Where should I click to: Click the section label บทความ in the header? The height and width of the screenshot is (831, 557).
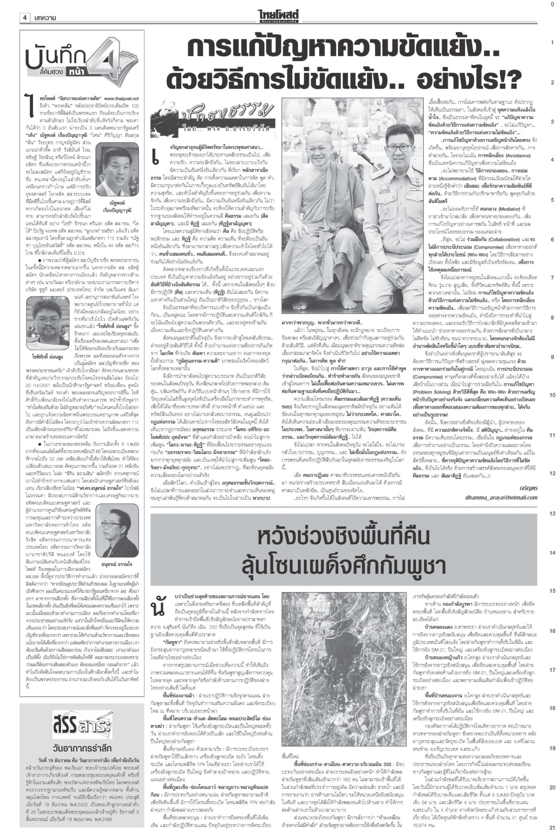[45, 18]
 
